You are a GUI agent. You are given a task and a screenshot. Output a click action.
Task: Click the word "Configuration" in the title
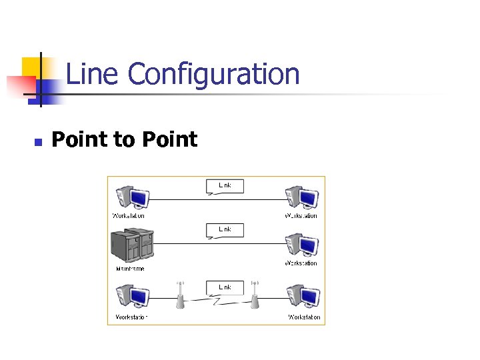[x=213, y=75]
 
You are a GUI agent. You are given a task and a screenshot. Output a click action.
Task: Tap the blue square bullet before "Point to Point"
[x=38, y=141]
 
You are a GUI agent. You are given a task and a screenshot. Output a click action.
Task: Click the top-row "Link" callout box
[x=225, y=185]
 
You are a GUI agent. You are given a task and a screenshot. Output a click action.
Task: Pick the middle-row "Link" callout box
[x=225, y=229]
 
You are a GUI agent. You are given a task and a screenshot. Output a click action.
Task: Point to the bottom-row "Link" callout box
[x=225, y=287]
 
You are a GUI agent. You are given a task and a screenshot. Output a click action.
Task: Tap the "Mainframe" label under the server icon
[x=130, y=269]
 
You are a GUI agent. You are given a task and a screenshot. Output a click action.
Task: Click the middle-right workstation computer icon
[x=301, y=245]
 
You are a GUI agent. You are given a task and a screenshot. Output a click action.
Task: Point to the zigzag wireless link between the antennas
[x=217, y=301]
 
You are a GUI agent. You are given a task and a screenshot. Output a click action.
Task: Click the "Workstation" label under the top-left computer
[x=128, y=215]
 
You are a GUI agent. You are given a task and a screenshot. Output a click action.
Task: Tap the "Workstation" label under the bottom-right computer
[x=304, y=317]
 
